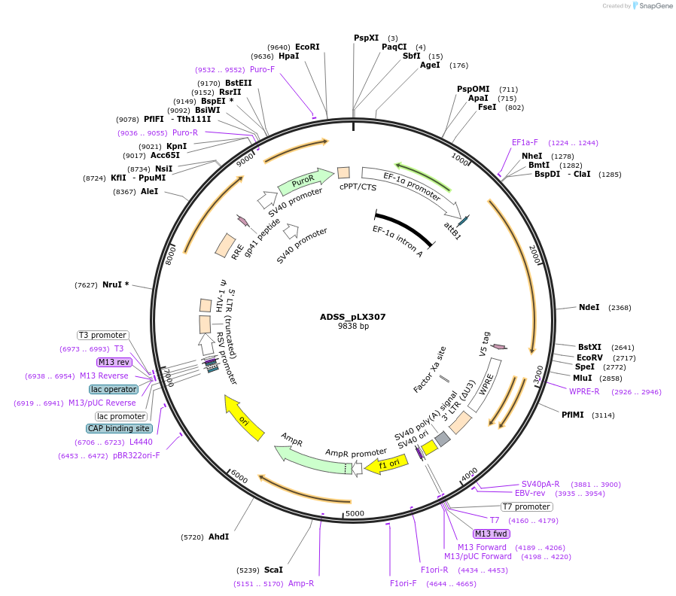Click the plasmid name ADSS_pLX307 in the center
click(x=352, y=317)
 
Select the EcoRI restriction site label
click(x=307, y=47)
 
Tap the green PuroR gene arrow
click(x=305, y=181)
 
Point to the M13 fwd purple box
click(x=492, y=534)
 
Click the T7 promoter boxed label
click(x=526, y=506)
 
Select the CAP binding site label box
click(x=119, y=428)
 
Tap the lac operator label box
click(x=114, y=389)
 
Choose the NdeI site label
click(x=589, y=307)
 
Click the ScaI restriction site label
click(x=273, y=570)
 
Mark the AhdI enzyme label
click(x=218, y=537)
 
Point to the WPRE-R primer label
click(x=584, y=391)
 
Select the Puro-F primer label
click(x=262, y=69)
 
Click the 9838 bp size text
click(x=353, y=327)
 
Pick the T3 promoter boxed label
click(x=103, y=335)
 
